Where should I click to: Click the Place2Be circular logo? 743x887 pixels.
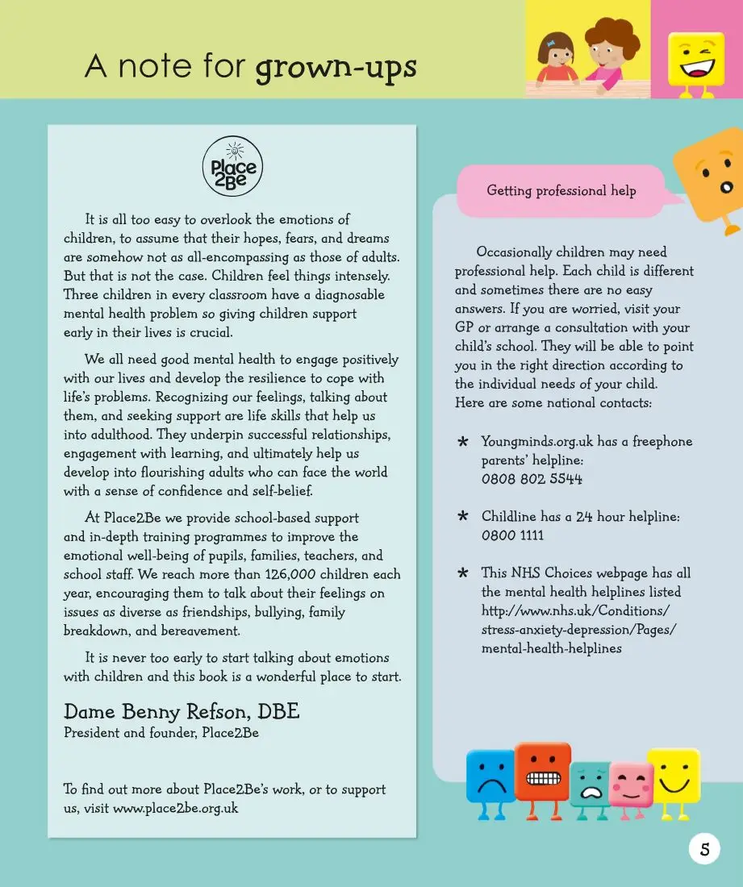[232, 167]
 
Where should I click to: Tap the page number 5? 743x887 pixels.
[704, 848]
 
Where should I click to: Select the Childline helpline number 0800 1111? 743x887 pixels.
[512, 535]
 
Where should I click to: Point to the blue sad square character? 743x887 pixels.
[490, 777]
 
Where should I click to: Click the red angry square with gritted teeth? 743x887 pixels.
[542, 772]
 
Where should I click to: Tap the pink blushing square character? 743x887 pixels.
[631, 785]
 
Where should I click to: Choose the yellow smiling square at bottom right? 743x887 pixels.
[673, 774]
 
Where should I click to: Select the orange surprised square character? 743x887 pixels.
[708, 173]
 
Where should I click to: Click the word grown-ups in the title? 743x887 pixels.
[336, 67]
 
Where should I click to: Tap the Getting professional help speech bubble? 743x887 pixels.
[561, 191]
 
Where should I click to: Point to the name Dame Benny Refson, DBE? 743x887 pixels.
[182, 712]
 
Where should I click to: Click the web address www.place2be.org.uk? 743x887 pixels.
[175, 808]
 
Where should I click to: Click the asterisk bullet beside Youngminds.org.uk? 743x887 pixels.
[463, 442]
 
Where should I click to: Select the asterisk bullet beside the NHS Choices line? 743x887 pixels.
[463, 573]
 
